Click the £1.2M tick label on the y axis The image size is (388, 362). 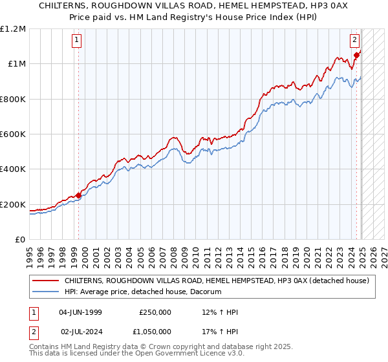14,28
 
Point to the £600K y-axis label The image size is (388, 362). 14,134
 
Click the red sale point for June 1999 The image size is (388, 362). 78,195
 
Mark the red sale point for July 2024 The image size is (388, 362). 356,54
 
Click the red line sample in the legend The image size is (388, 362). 45,281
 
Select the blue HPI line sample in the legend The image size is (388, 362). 45,292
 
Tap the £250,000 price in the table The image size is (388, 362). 155,312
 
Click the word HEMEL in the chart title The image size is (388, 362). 189,6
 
